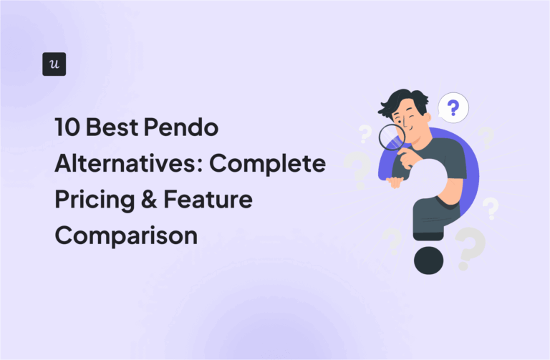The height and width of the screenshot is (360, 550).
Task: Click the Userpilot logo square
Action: [x=54, y=64]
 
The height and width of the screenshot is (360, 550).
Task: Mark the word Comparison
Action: [x=126, y=235]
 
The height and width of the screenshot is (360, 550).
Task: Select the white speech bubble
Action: [x=452, y=110]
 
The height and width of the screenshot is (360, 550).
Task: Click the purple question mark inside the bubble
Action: [x=453, y=109]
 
